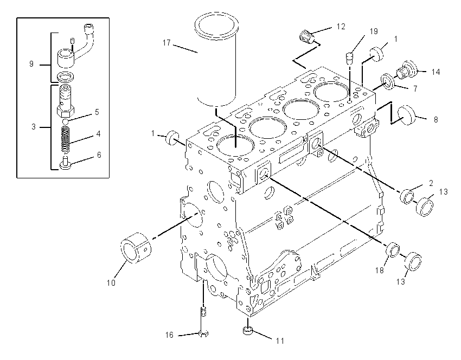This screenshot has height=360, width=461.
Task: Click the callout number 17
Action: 167,43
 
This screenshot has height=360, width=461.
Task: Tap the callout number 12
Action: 341,27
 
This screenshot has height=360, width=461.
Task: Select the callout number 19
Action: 374,31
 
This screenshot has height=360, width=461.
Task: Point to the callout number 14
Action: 436,72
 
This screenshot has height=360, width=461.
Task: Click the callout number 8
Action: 436,120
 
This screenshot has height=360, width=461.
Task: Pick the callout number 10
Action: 111,282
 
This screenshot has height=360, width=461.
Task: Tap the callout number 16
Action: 169,335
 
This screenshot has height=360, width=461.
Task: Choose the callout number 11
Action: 280,341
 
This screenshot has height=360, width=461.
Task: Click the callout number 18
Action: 380,270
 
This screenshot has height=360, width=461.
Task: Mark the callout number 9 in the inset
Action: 31,64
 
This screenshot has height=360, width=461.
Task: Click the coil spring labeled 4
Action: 67,139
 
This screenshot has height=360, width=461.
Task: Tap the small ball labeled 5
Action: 66,121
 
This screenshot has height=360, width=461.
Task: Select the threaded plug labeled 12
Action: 307,37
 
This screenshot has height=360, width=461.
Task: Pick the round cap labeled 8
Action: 407,114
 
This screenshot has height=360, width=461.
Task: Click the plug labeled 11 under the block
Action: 248,331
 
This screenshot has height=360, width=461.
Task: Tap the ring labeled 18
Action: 393,250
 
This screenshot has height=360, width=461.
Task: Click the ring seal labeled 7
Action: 388,82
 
